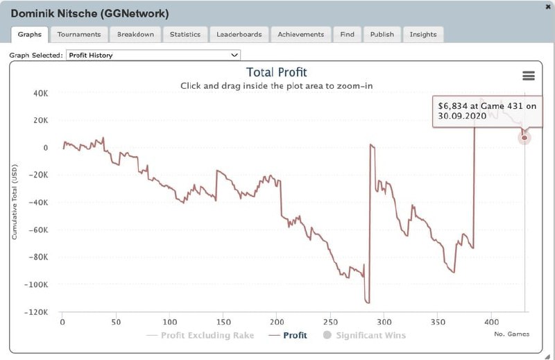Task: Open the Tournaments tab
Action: point(78,34)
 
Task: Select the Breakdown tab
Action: point(135,34)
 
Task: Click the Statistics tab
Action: point(185,34)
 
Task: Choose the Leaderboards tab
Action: point(239,34)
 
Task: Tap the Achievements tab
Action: point(300,34)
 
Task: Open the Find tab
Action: point(347,34)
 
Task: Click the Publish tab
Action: point(382,34)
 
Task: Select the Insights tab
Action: point(423,34)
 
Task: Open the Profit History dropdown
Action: point(153,55)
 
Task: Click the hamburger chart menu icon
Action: point(528,76)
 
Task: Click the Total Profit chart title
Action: point(276,72)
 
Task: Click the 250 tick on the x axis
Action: point(331,323)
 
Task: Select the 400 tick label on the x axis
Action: point(491,323)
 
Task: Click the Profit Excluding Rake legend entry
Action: point(207,336)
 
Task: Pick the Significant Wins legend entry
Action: point(370,336)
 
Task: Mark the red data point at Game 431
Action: point(524,138)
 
